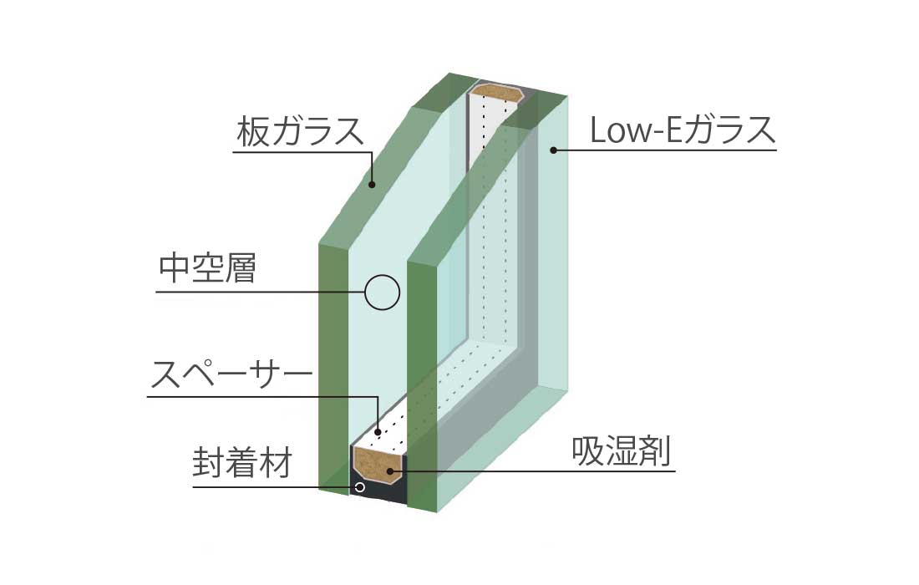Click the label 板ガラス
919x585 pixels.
(299, 133)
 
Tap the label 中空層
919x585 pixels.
(207, 269)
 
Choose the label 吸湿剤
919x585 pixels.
(622, 452)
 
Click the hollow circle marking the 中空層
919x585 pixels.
(383, 292)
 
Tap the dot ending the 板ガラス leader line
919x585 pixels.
(373, 185)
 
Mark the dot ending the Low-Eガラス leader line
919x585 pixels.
(552, 150)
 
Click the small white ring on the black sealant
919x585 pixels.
(359, 487)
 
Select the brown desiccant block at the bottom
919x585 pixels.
(378, 464)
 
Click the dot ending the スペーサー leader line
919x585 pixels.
(378, 432)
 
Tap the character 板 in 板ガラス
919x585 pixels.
(252, 133)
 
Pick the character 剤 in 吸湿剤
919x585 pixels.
(657, 452)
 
